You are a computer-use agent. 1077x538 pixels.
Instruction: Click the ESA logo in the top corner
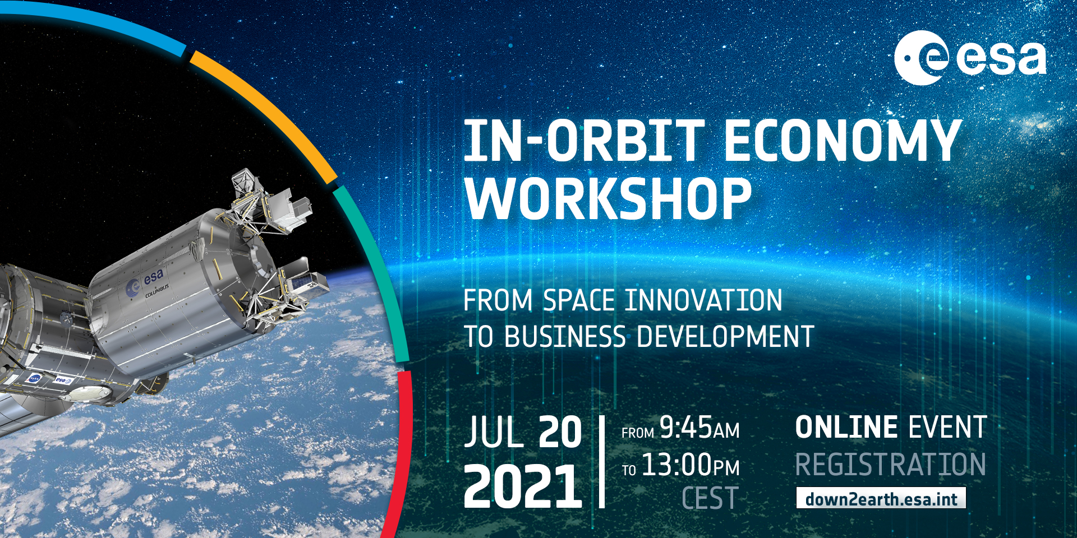click(970, 57)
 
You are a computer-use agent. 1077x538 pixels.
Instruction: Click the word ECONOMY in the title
click(843, 141)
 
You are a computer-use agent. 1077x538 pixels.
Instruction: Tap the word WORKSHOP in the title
click(609, 198)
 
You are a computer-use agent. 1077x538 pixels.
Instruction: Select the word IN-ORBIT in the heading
click(584, 141)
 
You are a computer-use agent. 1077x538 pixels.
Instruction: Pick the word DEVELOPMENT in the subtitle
click(725, 337)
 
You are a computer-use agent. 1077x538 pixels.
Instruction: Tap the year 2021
click(523, 486)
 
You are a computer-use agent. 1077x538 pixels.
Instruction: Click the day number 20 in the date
click(560, 432)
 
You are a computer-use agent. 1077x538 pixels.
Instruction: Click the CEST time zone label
click(710, 498)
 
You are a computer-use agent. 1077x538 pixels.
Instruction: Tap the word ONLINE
click(846, 427)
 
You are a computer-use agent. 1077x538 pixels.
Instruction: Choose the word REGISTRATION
click(890, 465)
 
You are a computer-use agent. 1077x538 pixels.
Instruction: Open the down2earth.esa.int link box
click(881, 498)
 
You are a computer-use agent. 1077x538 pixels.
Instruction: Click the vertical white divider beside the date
click(602, 462)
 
